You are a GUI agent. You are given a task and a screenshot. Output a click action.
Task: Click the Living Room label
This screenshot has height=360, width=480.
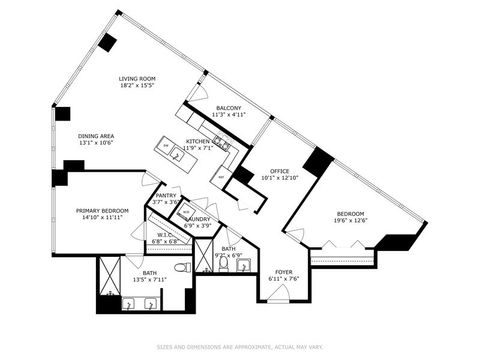click(138, 78)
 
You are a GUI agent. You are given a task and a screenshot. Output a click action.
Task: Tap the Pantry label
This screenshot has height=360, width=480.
click(166, 196)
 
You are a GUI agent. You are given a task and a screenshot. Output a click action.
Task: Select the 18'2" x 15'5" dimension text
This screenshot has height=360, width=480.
click(138, 85)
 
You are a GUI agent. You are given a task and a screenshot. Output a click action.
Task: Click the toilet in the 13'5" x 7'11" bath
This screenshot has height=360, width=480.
click(181, 268)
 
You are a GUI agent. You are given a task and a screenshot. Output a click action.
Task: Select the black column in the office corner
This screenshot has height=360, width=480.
click(318, 162)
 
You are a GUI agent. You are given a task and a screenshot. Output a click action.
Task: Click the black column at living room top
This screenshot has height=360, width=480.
click(106, 43)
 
